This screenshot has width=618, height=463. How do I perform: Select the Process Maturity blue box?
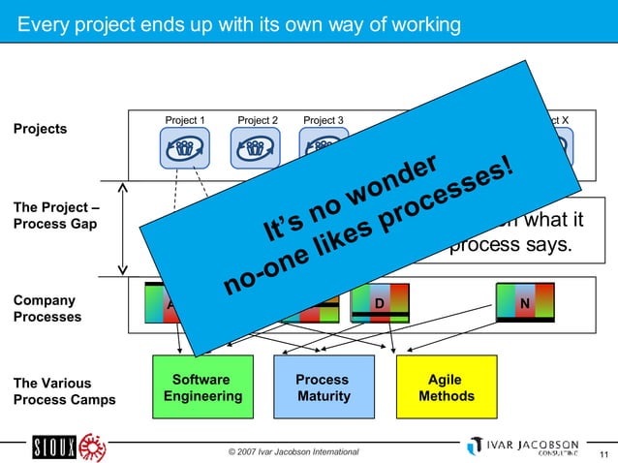[323, 387]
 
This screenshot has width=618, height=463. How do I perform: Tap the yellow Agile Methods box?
[446, 387]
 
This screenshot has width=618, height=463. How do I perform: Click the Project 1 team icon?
[184, 148]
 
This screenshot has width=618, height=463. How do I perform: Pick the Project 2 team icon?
[255, 148]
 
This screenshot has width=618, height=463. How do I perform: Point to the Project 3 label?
[324, 120]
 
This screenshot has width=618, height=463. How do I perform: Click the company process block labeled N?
[524, 302]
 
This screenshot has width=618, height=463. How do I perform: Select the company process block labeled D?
[380, 302]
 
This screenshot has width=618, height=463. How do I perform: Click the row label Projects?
[40, 129]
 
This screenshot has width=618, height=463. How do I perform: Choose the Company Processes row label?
[47, 309]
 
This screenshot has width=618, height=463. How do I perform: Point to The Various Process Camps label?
[63, 390]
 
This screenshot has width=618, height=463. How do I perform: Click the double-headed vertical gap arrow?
[123, 228]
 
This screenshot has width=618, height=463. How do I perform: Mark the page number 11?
[604, 454]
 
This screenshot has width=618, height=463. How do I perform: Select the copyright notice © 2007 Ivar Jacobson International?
[293, 451]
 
